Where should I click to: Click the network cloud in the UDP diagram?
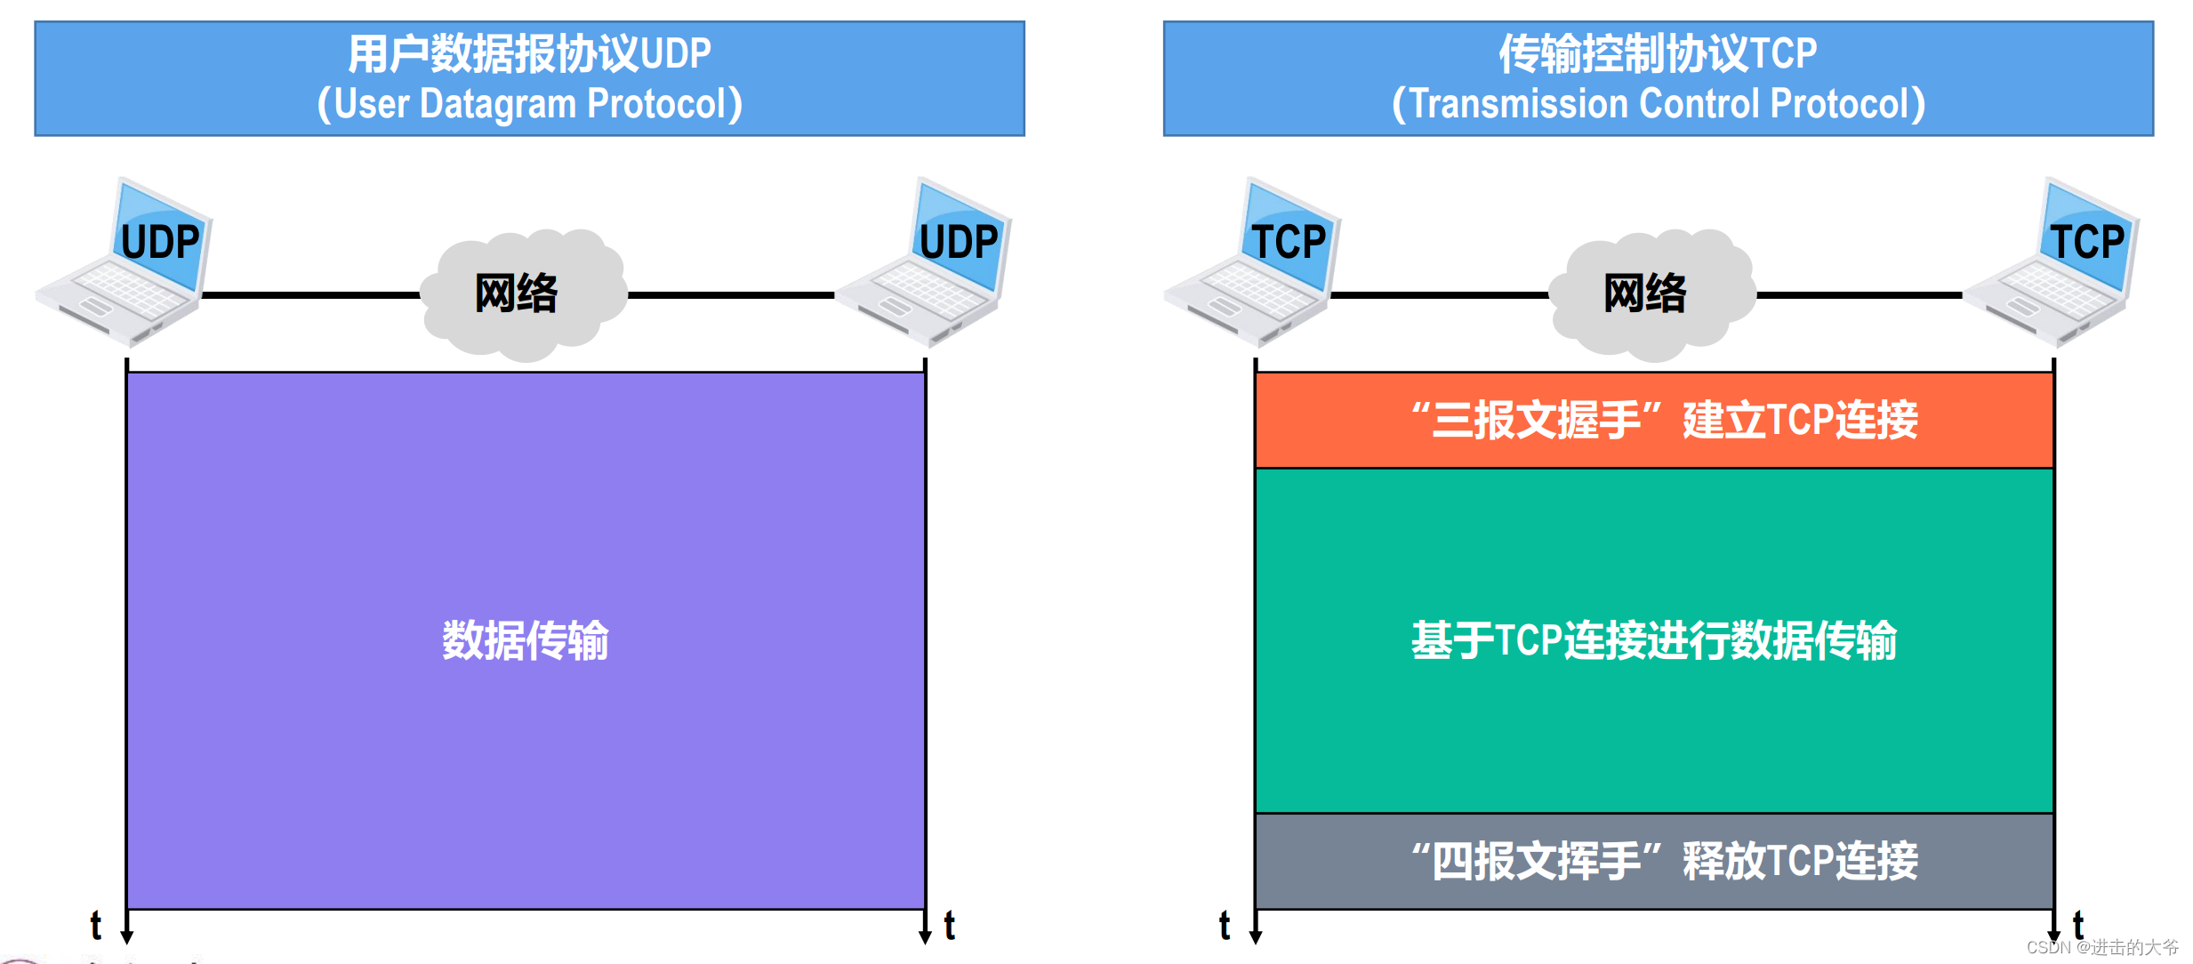click(522, 293)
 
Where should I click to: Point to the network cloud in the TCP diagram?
click(1651, 293)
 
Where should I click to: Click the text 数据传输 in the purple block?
click(526, 640)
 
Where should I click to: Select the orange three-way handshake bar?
click(1654, 420)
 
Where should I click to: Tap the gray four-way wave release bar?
click(1654, 861)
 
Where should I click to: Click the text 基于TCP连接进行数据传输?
click(1654, 640)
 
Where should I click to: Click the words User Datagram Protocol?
click(530, 104)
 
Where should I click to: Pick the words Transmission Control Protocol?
click(1659, 104)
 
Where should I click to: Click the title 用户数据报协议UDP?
click(530, 53)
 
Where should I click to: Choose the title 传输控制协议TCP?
click(1659, 53)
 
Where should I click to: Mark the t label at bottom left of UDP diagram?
click(96, 926)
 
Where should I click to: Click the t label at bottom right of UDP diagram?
click(950, 926)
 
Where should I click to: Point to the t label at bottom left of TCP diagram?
click(1225, 926)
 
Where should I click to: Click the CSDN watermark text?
click(2102, 948)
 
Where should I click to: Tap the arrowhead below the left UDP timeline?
click(127, 936)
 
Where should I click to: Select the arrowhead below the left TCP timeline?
click(1256, 936)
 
